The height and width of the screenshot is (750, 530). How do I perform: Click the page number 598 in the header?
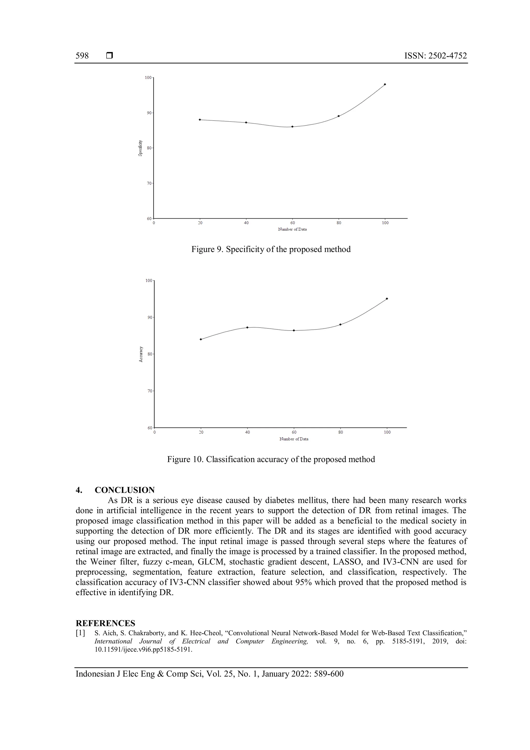coord(82,56)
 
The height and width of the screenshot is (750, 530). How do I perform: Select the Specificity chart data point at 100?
coord(385,84)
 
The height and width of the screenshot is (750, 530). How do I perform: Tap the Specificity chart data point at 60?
coord(292,127)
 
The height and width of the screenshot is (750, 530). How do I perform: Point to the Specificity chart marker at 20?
coord(200,120)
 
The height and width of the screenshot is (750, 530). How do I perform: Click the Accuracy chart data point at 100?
coord(387,299)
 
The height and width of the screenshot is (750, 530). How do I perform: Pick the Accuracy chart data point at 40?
coord(247,327)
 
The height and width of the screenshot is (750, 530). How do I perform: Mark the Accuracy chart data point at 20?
coord(201,340)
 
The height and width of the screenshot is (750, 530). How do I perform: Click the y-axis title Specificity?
coord(140,148)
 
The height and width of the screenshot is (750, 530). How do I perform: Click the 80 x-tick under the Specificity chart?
coord(339,223)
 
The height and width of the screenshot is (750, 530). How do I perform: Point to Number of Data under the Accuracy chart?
coord(294,439)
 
